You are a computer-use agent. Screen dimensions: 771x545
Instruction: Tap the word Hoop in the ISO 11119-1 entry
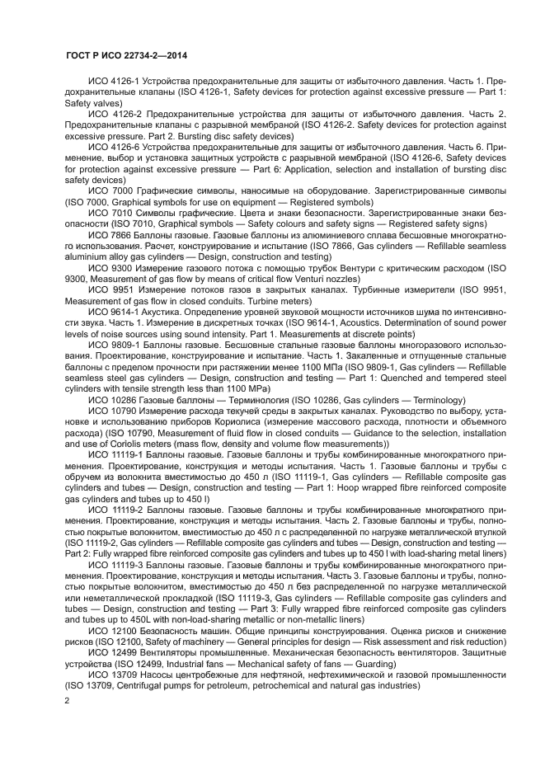[319, 487]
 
